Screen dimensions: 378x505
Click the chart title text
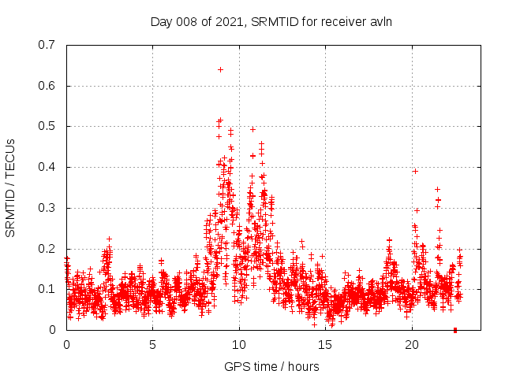[271, 21]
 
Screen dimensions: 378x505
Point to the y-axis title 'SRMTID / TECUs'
[10, 187]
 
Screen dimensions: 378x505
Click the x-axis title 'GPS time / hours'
[271, 366]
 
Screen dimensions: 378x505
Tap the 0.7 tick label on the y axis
[47, 45]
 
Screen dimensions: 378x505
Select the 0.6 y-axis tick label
[47, 86]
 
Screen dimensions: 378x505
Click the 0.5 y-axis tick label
[47, 126]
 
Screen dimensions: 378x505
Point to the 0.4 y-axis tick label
[47, 167]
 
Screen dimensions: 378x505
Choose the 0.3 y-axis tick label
[47, 208]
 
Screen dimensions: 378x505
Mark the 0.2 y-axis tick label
[47, 249]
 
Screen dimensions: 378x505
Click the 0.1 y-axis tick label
[47, 289]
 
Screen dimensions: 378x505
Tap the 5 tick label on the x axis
[153, 344]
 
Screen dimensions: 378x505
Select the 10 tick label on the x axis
[239, 344]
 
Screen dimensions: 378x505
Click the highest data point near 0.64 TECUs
[220, 69]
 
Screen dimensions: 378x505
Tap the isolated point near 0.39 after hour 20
[415, 171]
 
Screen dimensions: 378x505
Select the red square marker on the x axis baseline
[455, 329]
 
